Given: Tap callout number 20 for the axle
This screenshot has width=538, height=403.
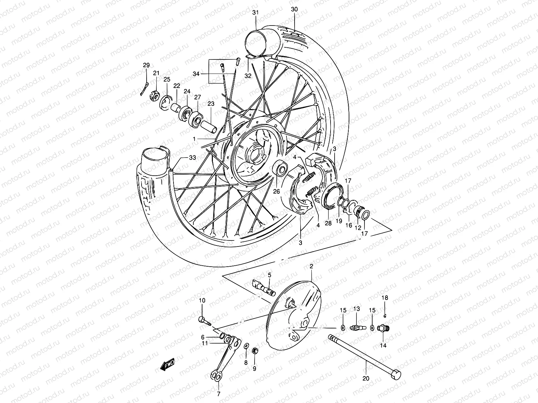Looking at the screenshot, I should [x=366, y=378].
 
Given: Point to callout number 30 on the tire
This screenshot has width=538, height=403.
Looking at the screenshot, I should [x=294, y=9].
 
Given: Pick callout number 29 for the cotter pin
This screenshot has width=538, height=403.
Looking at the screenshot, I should [x=146, y=65].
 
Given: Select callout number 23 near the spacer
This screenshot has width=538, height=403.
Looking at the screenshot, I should [x=211, y=104].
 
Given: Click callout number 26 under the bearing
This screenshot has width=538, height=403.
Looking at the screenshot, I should [x=276, y=192].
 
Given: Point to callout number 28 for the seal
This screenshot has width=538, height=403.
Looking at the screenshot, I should [x=328, y=223].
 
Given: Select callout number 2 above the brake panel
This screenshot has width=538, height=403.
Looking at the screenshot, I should [x=311, y=266].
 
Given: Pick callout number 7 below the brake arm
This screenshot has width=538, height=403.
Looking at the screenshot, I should [x=219, y=394].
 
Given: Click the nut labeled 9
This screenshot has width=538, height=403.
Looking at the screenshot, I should [x=255, y=351].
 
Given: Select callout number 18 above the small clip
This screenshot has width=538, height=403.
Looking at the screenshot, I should [x=385, y=298].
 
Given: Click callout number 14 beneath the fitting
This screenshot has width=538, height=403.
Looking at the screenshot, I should [x=383, y=345].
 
